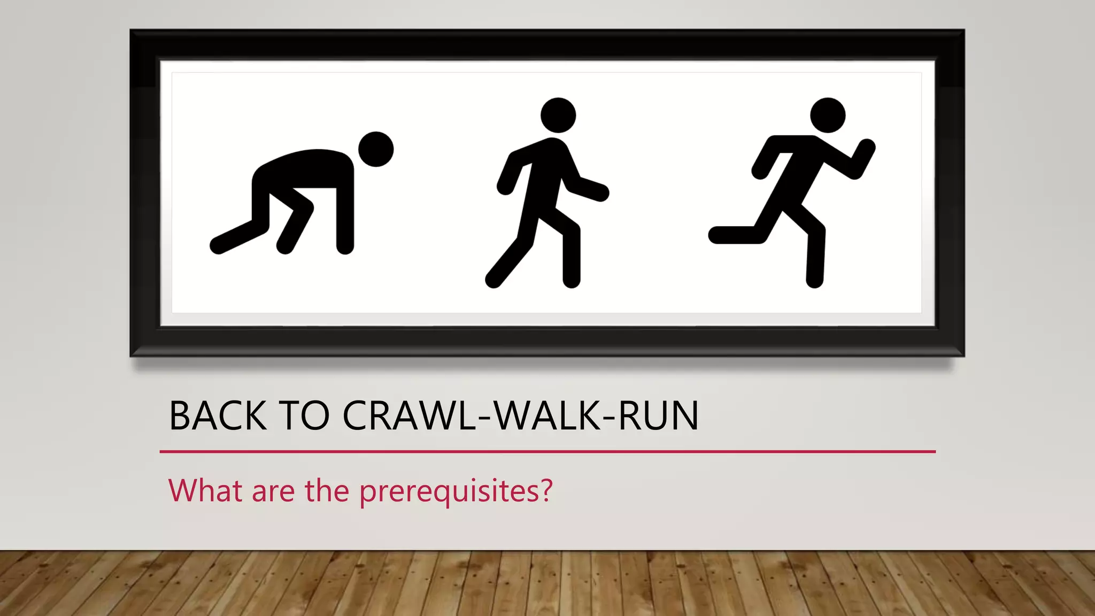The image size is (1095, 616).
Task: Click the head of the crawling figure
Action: pos(376,149)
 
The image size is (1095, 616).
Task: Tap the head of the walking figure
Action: pos(558,115)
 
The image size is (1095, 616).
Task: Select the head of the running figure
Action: pos(828,115)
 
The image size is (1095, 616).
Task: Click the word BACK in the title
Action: pos(218,416)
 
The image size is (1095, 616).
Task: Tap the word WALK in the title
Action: pos(547,416)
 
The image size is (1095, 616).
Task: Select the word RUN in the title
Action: pos(658,416)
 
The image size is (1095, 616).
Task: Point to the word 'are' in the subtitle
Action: pos(273,491)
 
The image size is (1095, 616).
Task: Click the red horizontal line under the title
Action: pos(547,452)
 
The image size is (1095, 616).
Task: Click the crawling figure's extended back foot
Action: pos(218,246)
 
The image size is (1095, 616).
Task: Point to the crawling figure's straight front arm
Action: pos(345,214)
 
